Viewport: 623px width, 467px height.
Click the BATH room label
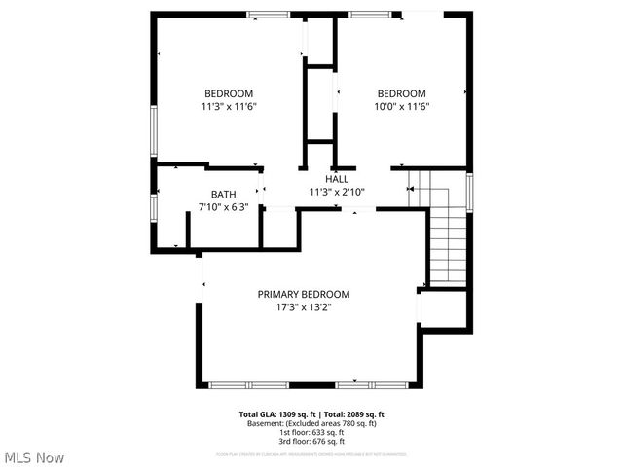click(223, 194)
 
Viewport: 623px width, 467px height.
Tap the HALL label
click(337, 179)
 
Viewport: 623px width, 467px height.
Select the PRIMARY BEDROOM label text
click(303, 294)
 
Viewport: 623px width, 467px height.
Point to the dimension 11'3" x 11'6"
click(229, 106)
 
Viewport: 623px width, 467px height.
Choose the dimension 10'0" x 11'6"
click(402, 106)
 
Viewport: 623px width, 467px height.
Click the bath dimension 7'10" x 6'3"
click(223, 206)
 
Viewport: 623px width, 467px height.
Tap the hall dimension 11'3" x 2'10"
click(337, 192)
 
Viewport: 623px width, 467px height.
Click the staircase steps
click(448, 243)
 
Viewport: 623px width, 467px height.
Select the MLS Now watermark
click(35, 457)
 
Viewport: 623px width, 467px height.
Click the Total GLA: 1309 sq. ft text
click(279, 414)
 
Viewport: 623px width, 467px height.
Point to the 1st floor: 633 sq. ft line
click(311, 432)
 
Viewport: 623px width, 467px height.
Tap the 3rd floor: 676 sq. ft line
click(311, 441)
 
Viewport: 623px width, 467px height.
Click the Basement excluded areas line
click(311, 423)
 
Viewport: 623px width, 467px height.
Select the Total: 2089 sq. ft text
click(353, 414)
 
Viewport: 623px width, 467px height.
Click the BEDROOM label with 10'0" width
click(402, 93)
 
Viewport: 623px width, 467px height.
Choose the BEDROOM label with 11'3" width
click(229, 93)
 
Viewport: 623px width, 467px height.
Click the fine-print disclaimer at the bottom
click(311, 454)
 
